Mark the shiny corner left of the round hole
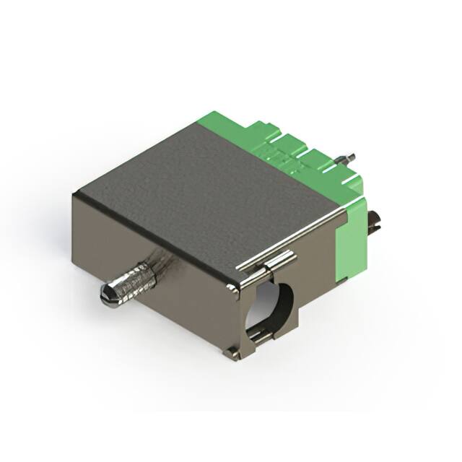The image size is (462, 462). (233, 290)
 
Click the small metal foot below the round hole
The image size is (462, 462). (232, 354)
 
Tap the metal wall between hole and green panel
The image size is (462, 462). (318, 289)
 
